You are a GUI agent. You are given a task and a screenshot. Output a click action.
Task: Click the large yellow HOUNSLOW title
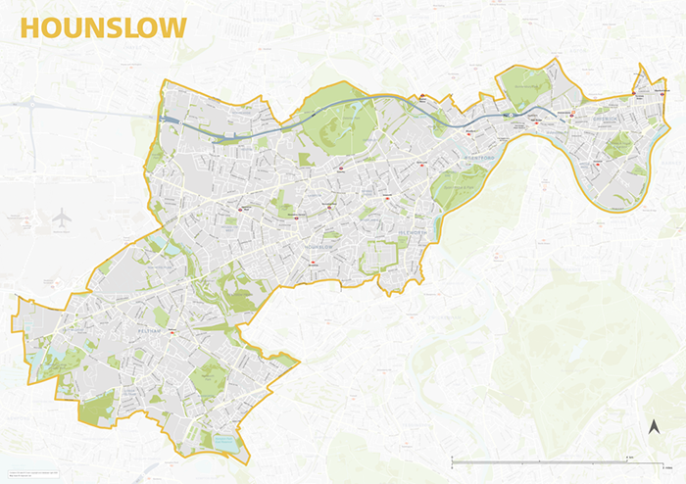pyautogui.click(x=103, y=27)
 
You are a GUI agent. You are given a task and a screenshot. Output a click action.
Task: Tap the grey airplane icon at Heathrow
pyautogui.click(x=63, y=217)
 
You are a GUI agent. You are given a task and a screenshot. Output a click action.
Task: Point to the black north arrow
pyautogui.click(x=654, y=427)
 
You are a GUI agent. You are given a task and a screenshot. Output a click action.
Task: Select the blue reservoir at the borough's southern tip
pyautogui.click(x=224, y=443)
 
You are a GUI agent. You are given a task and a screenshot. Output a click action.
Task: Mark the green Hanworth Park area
pyautogui.click(x=207, y=376)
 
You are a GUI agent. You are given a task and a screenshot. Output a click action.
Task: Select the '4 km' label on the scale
pyautogui.click(x=629, y=457)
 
